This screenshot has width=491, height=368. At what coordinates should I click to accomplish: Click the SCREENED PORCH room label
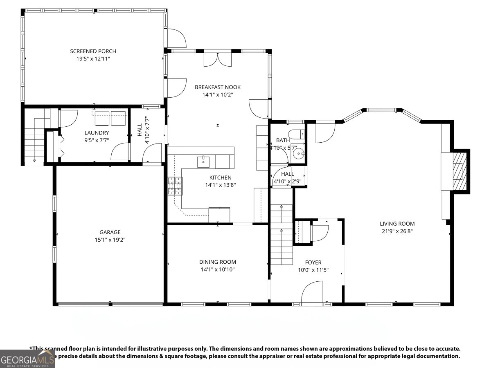pyautogui.click(x=93, y=51)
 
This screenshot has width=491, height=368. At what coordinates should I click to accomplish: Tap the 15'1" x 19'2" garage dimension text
pyautogui.click(x=110, y=240)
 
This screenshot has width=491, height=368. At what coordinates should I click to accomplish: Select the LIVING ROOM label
pyautogui.click(x=397, y=224)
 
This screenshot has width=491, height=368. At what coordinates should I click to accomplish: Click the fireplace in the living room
pyautogui.click(x=459, y=171)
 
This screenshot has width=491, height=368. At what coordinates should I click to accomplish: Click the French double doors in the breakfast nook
pyautogui.click(x=218, y=60)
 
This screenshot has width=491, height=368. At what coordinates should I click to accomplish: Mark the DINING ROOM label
pyautogui.click(x=217, y=262)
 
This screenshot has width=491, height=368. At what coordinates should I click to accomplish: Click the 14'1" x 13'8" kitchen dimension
pyautogui.click(x=221, y=185)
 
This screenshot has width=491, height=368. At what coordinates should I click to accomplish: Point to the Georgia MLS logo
pyautogui.click(x=27, y=359)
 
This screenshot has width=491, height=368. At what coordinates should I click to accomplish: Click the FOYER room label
pyautogui.click(x=313, y=263)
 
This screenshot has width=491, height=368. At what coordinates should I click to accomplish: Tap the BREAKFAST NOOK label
pyautogui.click(x=217, y=87)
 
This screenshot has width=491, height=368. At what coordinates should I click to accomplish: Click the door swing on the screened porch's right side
pyautogui.click(x=176, y=38)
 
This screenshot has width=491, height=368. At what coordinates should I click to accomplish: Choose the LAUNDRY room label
pyautogui.click(x=97, y=132)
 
